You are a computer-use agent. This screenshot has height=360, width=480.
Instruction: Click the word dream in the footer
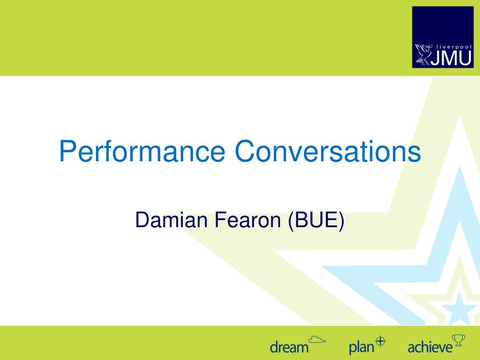[289, 347]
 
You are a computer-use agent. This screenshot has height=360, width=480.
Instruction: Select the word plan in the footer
[361, 347]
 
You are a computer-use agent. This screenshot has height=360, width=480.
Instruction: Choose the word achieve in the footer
[430, 347]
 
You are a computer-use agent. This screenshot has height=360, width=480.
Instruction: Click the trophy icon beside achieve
[457, 339]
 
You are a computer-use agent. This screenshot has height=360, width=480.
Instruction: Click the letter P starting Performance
[67, 152]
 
